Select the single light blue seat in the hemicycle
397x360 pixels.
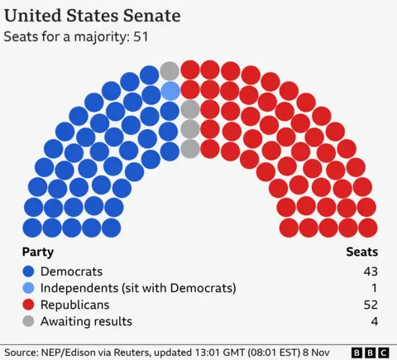pos(170,90)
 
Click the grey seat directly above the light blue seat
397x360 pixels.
pos(170,70)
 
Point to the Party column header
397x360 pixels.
pos(38,252)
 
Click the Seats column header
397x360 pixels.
pos(361,252)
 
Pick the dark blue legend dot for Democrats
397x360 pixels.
pos(29,271)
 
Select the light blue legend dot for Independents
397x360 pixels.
pos(29,288)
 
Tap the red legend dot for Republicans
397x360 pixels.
pos(29,305)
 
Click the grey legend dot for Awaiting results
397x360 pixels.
pos(29,321)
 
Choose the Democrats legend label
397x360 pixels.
pos(72,271)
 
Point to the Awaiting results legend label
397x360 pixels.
pos(87,321)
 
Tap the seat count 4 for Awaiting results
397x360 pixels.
pos(374,321)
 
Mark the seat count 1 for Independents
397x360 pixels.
pos(374,288)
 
